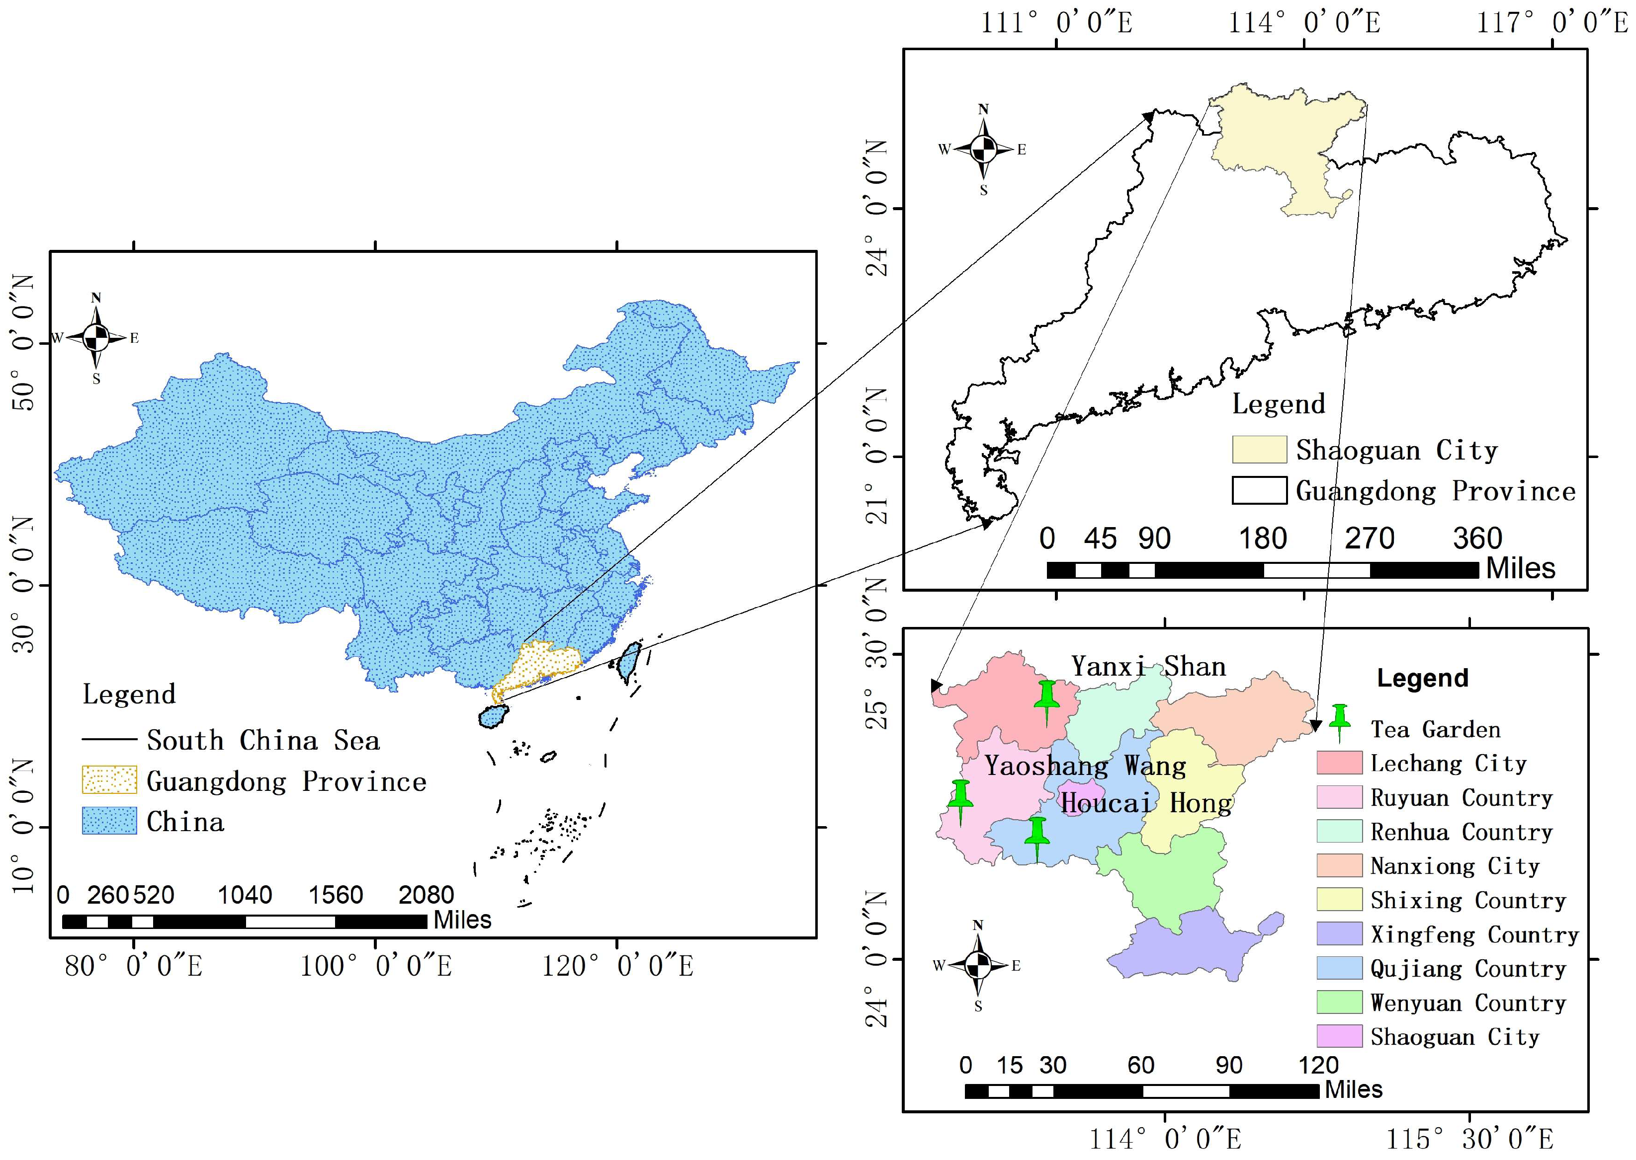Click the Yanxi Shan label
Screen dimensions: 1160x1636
tap(1148, 666)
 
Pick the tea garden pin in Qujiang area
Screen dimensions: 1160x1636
tap(1037, 837)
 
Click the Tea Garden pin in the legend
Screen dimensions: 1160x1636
tap(1339, 721)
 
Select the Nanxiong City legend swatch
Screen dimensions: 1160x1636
tap(1339, 866)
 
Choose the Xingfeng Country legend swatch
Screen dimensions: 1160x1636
tap(1339, 933)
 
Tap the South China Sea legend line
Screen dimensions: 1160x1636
tap(109, 739)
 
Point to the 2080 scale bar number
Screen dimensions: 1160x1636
tap(426, 895)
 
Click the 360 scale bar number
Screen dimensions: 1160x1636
tap(1476, 539)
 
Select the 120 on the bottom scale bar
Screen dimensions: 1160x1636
tap(1318, 1066)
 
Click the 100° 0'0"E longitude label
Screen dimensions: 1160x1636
tap(375, 966)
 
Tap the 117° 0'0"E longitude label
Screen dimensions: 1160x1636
tap(1551, 23)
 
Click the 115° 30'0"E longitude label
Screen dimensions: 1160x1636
tap(1469, 1139)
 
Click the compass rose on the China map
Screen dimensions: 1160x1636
tap(96, 338)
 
